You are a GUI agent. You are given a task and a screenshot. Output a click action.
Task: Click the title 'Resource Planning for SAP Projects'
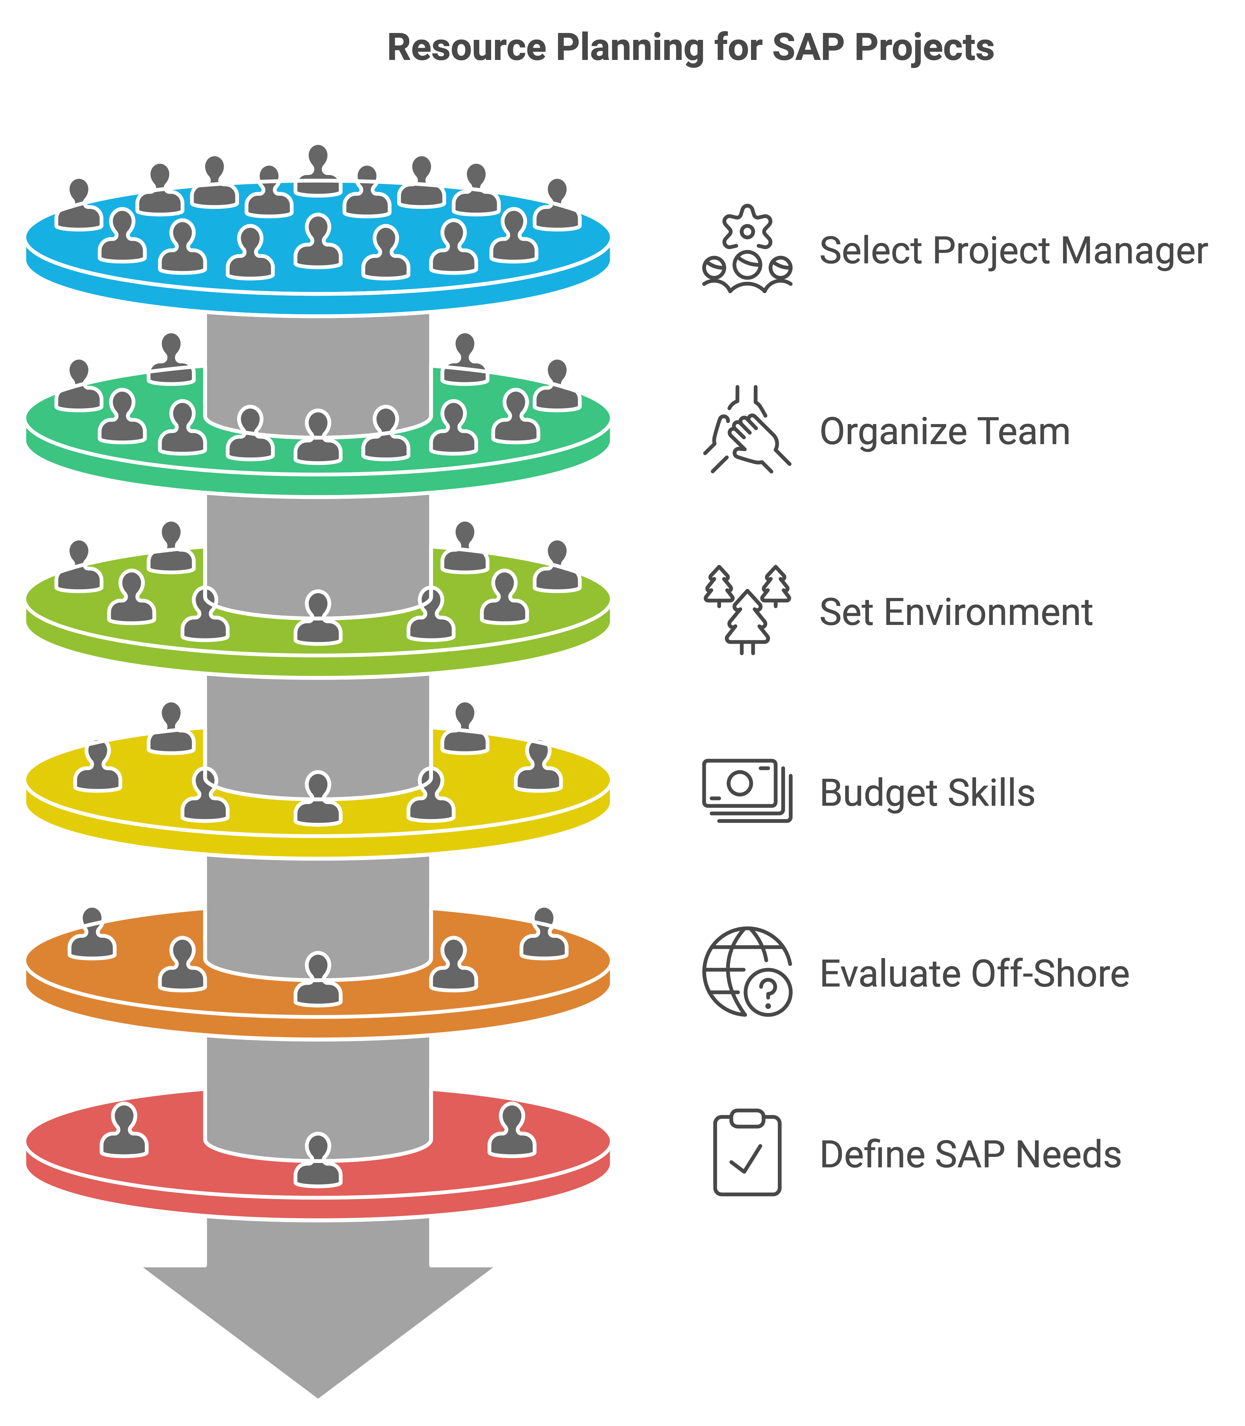tap(690, 48)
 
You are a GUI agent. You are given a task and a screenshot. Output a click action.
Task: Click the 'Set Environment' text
tap(956, 612)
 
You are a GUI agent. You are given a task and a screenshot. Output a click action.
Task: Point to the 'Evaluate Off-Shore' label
tap(974, 974)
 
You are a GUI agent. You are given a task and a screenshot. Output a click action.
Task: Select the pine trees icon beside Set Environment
tap(747, 610)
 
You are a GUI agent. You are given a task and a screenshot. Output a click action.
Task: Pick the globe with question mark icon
tap(747, 971)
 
